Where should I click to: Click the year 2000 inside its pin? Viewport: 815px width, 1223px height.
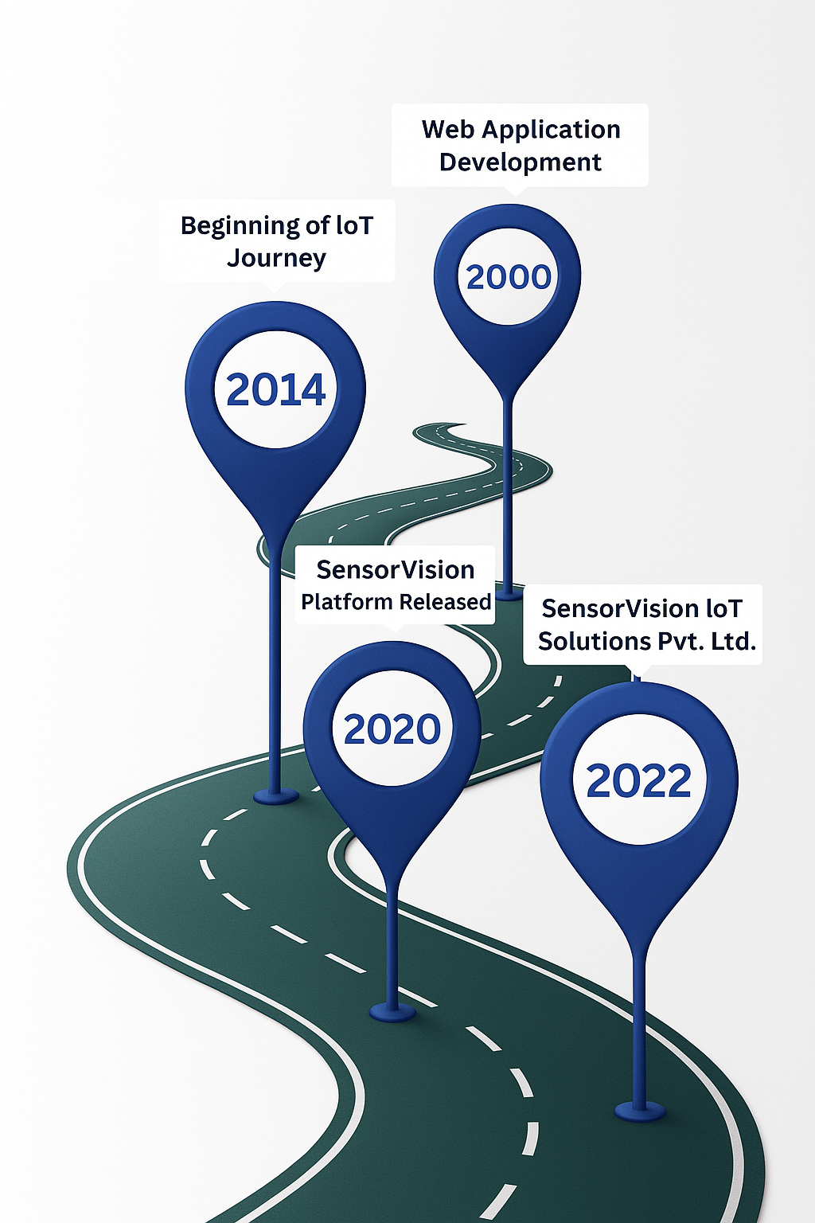[509, 277]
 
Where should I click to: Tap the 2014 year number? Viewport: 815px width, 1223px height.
[276, 390]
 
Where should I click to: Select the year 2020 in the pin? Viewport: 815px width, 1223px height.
[392, 729]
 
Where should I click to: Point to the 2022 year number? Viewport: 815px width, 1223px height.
[639, 780]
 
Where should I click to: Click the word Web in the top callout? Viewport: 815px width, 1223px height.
[448, 129]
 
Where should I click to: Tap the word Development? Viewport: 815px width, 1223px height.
[521, 162]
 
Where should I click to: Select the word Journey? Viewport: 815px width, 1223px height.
[276, 259]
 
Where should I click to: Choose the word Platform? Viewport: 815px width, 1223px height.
[346, 602]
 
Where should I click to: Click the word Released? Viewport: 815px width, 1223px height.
[445, 602]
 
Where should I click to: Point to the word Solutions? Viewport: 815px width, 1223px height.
[595, 641]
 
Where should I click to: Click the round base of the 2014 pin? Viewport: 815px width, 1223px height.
[276, 795]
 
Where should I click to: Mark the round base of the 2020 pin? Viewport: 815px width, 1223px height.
[392, 1012]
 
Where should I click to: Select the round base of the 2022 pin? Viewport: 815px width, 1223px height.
[640, 1110]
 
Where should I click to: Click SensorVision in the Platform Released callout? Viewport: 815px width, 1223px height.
[396, 570]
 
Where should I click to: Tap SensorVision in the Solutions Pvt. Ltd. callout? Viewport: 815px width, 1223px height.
[609, 609]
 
